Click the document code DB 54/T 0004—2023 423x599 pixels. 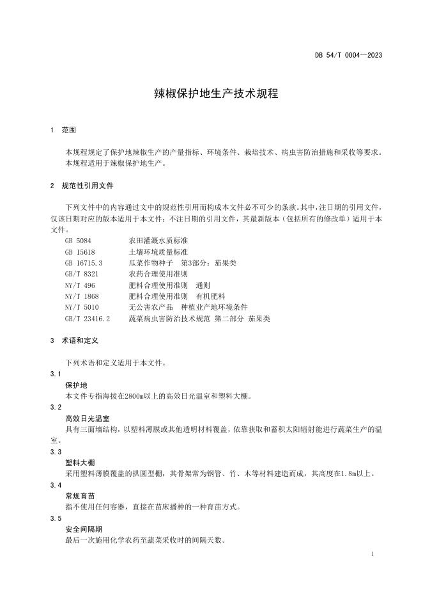tap(348, 56)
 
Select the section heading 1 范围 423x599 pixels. tap(63, 130)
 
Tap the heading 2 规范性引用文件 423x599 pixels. tap(82, 186)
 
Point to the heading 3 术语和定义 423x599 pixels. tap(74, 341)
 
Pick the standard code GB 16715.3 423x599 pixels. tap(84, 263)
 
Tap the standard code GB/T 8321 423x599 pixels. tap(81, 274)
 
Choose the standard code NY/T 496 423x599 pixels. tap(80, 285)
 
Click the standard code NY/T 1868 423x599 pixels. tap(82, 296)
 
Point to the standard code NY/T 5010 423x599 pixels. tap(82, 307)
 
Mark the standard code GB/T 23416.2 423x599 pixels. tap(88, 318)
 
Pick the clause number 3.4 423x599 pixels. tap(56, 485)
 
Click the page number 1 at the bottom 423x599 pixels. tap(372, 552)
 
